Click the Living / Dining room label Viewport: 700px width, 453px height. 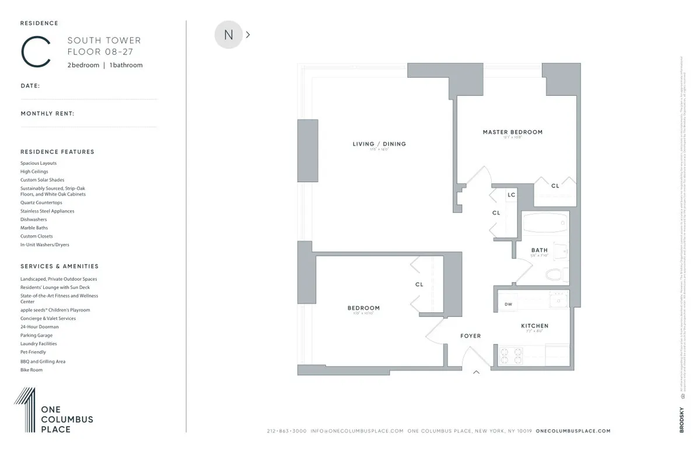379,144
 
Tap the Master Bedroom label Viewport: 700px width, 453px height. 512,132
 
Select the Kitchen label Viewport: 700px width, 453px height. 534,326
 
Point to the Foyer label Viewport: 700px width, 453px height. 471,336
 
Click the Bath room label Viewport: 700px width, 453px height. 539,250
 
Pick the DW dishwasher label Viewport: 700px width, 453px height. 508,304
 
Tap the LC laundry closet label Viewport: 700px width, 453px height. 511,195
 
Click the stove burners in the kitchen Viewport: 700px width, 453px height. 512,354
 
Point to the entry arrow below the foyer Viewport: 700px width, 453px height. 476,372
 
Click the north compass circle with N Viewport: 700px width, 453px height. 229,35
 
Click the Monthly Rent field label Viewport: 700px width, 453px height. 47,114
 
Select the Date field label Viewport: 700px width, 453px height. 30,86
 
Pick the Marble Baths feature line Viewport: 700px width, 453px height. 34,228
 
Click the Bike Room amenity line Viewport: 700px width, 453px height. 32,370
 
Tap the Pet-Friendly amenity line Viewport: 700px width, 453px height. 33,353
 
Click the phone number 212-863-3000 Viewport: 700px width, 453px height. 286,431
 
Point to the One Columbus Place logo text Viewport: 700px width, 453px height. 66,419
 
